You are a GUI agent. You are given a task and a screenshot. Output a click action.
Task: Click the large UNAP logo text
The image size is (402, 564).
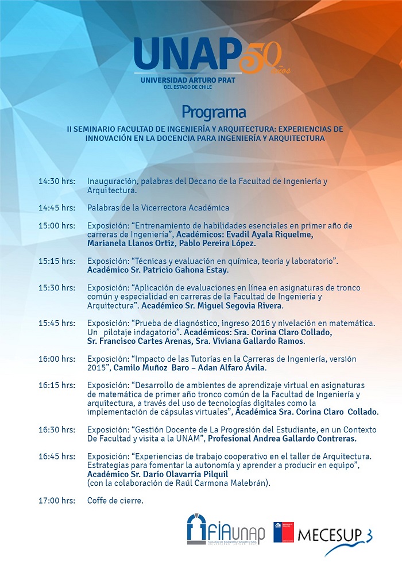[x=185, y=56]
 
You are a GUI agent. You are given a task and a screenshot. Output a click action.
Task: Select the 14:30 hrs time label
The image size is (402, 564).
[x=57, y=181]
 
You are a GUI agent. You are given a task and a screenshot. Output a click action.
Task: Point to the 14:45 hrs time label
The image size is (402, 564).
[x=57, y=208]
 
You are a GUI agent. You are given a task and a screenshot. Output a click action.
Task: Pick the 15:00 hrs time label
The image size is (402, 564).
[x=57, y=225]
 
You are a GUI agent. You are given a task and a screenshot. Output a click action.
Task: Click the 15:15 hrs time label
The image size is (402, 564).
[x=57, y=261]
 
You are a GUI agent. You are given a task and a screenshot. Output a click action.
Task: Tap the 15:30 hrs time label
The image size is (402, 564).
[x=57, y=287]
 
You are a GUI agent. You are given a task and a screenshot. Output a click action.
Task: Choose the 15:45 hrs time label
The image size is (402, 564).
[x=57, y=323]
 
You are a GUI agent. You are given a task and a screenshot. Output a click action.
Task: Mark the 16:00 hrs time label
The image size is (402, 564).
[x=57, y=359]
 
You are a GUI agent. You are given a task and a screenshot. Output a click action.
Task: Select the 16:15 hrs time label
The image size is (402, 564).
[x=57, y=385]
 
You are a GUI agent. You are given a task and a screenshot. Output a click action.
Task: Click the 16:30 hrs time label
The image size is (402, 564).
[x=57, y=429]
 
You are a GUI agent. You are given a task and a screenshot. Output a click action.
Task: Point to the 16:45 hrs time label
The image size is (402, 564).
[x=57, y=456]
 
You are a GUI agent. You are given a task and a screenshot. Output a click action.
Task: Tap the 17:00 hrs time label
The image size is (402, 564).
[x=57, y=501]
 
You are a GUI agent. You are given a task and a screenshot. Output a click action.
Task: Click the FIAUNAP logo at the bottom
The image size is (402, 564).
[x=226, y=530]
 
